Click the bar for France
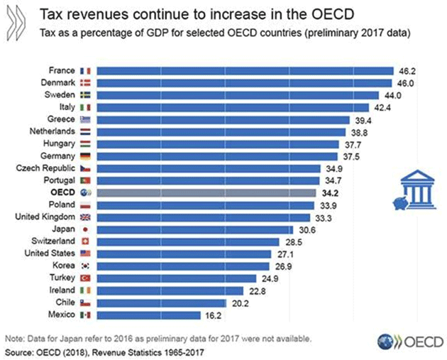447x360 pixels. (244, 70)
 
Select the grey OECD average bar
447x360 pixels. (205, 192)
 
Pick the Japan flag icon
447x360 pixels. (86, 229)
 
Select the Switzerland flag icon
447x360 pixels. (86, 241)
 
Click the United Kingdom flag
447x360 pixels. (86, 217)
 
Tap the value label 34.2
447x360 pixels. (329, 192)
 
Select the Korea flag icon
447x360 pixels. (86, 266)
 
